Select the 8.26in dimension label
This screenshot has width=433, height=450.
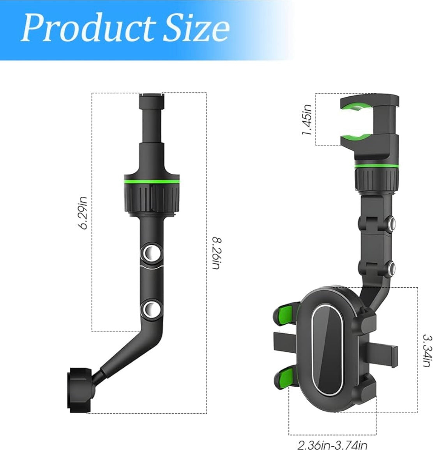pyautogui.click(x=216, y=253)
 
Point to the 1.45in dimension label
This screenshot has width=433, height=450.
pyautogui.click(x=307, y=120)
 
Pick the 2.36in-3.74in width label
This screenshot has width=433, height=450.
pyautogui.click(x=332, y=445)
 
